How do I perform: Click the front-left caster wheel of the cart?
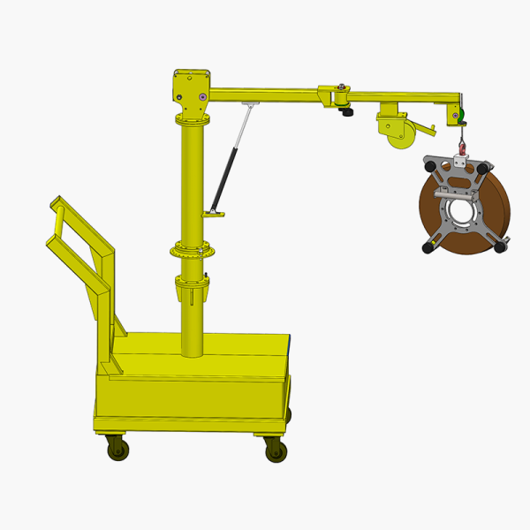point(117,449)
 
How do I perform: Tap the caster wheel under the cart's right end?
point(276,450)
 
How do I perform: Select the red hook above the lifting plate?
point(460,141)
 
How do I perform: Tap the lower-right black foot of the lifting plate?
point(500,247)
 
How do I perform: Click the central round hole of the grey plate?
point(460,211)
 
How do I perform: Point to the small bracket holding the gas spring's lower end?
point(213,213)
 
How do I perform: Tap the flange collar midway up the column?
point(193,251)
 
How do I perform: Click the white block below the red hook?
point(460,161)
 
